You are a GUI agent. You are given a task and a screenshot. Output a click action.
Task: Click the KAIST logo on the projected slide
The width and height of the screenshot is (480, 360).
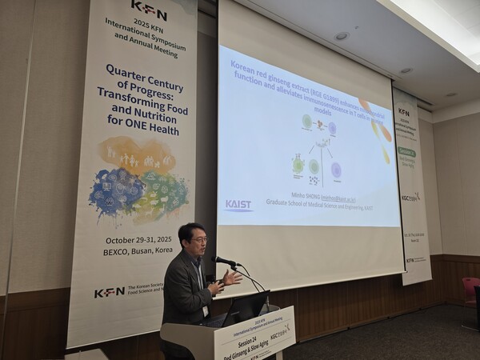[238, 205]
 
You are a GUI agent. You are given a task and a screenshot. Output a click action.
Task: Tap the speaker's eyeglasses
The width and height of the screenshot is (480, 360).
[198, 239]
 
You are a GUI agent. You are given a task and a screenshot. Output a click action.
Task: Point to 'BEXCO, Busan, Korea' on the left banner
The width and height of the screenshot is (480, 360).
[142, 250]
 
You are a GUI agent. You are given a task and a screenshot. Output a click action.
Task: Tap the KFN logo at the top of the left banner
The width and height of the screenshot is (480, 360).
[149, 10]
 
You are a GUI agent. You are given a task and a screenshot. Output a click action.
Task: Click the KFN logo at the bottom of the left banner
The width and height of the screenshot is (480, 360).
[110, 293]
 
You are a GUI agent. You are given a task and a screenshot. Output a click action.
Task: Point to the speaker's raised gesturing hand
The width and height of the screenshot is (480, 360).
[231, 278]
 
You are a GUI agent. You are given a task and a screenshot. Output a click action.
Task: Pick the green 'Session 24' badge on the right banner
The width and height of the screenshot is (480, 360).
[406, 152]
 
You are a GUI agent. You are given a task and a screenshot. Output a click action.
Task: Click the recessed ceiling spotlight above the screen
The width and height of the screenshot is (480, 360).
[342, 36]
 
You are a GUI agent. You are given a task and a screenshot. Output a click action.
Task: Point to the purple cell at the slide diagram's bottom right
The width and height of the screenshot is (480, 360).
[336, 170]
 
